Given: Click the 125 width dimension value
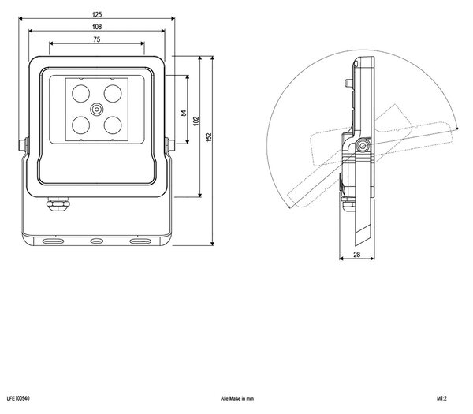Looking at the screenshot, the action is (x=97, y=14).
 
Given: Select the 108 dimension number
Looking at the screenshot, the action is (x=97, y=27).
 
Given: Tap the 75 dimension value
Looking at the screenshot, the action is (x=97, y=39).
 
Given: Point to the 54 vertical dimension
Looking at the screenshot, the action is (x=184, y=113).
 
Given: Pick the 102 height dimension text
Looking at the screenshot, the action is (x=196, y=121).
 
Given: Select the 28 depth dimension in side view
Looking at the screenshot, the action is (x=356, y=255).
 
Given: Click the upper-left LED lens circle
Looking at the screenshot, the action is (x=81, y=94).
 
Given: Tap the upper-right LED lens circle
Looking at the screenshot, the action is (x=113, y=94).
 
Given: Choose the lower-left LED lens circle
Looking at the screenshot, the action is (x=81, y=125).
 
